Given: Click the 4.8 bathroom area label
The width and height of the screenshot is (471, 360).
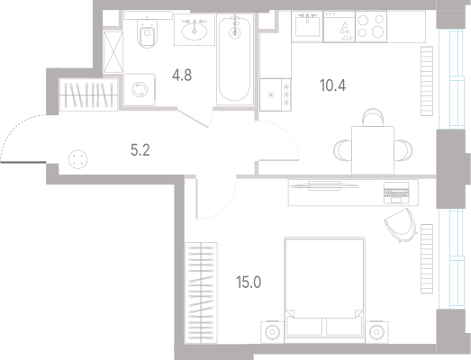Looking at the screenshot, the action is click(x=182, y=75).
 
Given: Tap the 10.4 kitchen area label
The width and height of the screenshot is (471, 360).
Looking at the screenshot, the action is click(x=332, y=85).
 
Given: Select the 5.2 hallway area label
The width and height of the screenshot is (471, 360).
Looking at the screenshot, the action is click(x=140, y=149).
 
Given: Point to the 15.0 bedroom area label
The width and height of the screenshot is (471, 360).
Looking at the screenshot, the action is click(x=249, y=283).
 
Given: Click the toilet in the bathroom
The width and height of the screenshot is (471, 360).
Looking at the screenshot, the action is click(x=147, y=32).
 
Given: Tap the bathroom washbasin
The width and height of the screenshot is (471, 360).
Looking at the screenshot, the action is click(x=195, y=30).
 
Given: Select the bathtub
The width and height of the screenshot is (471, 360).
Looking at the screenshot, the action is click(x=235, y=59).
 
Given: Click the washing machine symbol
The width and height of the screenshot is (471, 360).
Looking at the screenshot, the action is click(x=140, y=90).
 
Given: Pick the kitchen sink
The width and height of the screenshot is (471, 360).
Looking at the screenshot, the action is click(x=307, y=27).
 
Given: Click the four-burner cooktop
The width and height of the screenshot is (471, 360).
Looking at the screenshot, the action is click(x=371, y=27).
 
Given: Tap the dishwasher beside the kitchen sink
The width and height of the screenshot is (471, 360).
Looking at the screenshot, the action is click(x=340, y=27).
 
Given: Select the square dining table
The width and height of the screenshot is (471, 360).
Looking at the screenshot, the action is click(x=373, y=150).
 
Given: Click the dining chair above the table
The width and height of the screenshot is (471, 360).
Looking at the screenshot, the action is click(x=373, y=117).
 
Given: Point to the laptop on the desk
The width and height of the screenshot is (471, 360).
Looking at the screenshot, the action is click(x=396, y=193).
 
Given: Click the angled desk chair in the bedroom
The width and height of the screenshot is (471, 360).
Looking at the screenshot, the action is click(x=401, y=225).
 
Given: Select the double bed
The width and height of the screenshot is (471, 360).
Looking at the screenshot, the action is click(x=324, y=290).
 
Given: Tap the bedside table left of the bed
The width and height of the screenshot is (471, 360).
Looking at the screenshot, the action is click(x=272, y=332).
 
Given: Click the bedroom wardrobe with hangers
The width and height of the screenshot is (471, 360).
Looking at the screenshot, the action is click(x=201, y=292).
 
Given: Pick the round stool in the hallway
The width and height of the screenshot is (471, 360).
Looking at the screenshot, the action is click(x=77, y=159).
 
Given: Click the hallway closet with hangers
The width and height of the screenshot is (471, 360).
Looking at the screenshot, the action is click(x=88, y=94).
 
